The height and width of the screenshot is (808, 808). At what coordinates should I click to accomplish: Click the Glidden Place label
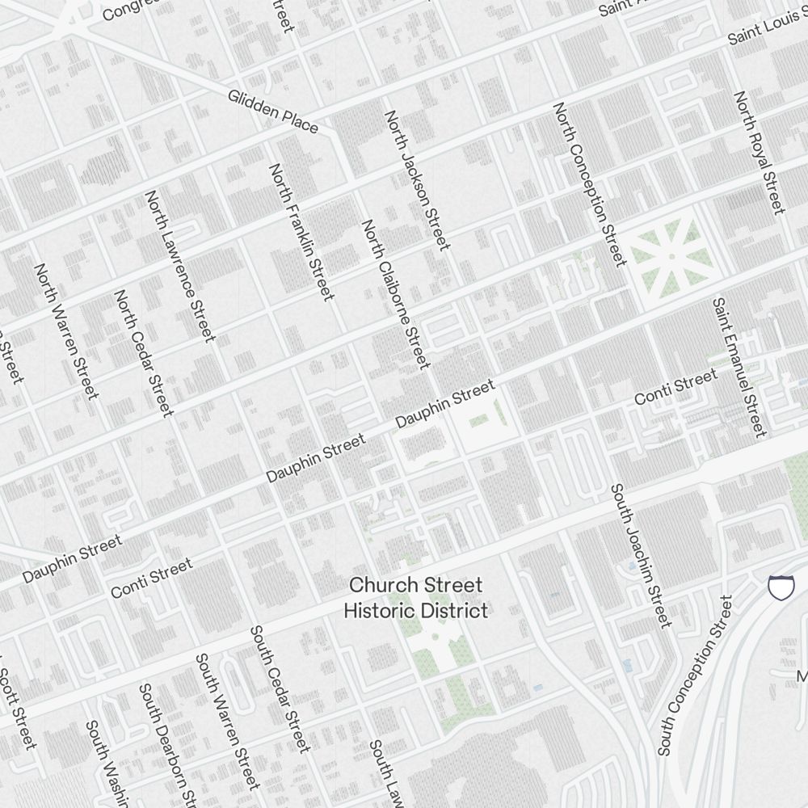tap(272, 111)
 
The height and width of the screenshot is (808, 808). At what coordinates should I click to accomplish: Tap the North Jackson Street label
tap(416, 180)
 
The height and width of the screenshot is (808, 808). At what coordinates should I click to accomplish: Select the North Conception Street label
tap(590, 184)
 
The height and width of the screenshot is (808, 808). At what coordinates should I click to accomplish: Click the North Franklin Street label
tap(301, 232)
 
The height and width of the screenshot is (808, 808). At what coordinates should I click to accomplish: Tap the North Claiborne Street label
tap(395, 294)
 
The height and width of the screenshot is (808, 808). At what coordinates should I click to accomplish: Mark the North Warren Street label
tap(66, 330)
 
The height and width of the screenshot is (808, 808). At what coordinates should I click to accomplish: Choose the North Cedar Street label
tap(144, 353)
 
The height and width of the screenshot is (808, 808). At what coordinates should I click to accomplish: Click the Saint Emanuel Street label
tap(739, 366)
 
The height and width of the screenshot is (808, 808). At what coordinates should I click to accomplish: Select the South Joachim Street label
tap(641, 555)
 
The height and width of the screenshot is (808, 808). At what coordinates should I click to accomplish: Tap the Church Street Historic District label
tap(415, 597)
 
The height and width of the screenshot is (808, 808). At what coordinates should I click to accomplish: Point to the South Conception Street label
tap(695, 675)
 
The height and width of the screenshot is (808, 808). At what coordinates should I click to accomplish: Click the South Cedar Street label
tap(280, 688)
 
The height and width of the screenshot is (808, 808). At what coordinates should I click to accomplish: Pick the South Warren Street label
tap(228, 721)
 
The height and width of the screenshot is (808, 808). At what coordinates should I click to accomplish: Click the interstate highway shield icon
tap(781, 587)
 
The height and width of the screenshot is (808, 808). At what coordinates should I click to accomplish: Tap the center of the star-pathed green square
tap(671, 257)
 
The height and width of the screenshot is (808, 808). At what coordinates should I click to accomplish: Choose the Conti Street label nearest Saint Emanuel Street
tap(675, 387)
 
